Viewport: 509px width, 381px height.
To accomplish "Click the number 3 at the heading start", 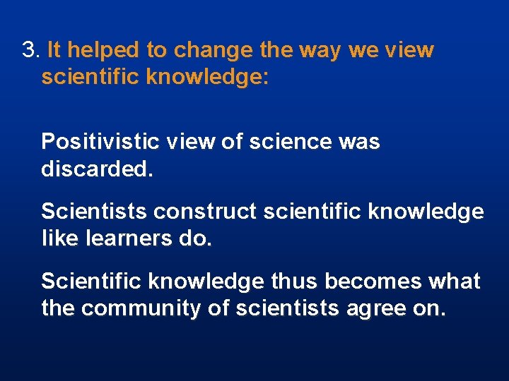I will pos(28,51).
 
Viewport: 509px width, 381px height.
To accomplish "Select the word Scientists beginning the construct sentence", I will pos(95,212).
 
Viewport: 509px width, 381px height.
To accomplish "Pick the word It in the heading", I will pos(54,51).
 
